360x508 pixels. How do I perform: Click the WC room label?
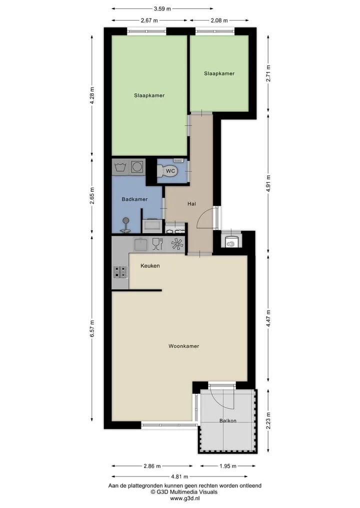coord(170,171)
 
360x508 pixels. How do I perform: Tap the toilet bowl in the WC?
coord(167,171)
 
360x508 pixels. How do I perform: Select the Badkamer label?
coord(134,199)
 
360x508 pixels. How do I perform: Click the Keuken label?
coord(150,266)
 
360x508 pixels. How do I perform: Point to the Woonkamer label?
coord(184,346)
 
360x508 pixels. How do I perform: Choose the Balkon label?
coord(227,421)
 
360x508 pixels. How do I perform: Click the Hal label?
coord(191,204)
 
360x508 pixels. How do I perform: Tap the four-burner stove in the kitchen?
coord(120,272)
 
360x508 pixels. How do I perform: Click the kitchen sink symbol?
coord(140,244)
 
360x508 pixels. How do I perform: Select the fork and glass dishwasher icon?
coord(157,244)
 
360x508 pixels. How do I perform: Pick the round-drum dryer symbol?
coord(137,167)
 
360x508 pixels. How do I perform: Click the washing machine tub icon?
coord(120,167)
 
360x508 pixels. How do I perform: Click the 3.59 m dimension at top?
coord(162,9)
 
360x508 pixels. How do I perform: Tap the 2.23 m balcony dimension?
coord(268,421)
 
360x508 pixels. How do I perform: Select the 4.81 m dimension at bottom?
coord(179,477)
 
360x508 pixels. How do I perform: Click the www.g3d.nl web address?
coord(184,499)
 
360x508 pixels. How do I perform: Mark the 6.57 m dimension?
coord(92,329)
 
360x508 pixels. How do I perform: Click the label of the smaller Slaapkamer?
coord(219,73)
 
